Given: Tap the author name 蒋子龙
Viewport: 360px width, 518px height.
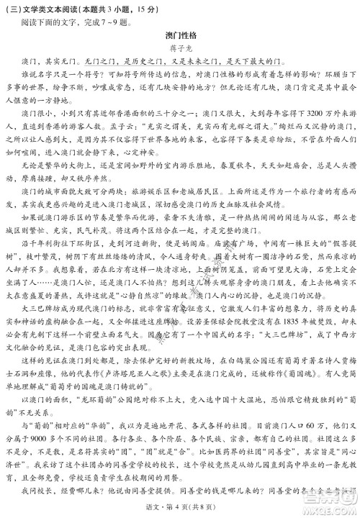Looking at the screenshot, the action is tap(180, 50).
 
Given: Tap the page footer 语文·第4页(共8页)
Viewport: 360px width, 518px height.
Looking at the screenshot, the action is tap(180, 509).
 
